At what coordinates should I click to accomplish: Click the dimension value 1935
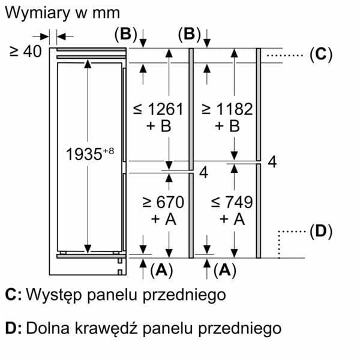[x=84, y=154]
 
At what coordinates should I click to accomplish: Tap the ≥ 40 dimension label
[x=25, y=51]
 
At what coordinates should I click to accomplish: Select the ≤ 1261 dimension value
[x=158, y=109]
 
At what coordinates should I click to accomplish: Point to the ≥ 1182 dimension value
[x=227, y=109]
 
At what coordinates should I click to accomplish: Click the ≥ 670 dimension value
[x=163, y=202]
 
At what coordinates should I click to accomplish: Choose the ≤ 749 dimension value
[x=232, y=202]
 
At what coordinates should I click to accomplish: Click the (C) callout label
[x=321, y=55]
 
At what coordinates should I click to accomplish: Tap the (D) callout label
[x=321, y=232]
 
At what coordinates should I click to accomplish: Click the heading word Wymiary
[x=37, y=13]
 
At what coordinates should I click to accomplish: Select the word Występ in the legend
[x=54, y=295]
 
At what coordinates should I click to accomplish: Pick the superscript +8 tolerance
[x=109, y=151]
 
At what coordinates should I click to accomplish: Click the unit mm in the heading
[x=106, y=14]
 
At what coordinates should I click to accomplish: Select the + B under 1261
[x=159, y=126]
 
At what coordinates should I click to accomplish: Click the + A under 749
[x=232, y=219]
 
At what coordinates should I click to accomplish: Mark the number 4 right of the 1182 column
[x=272, y=162]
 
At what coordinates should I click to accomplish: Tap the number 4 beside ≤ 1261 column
[x=203, y=173]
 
